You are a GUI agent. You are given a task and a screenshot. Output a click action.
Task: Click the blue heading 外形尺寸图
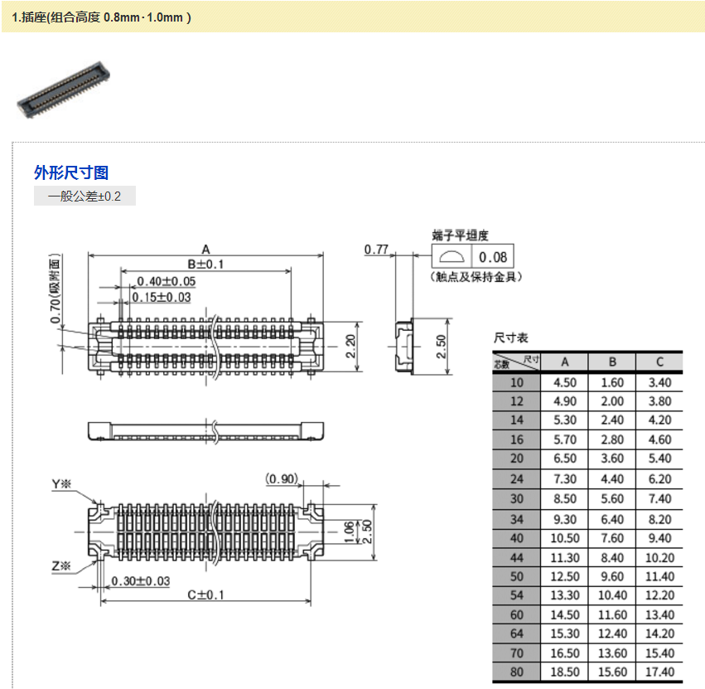pyautogui.click(x=71, y=172)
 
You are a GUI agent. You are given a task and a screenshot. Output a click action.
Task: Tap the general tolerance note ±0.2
pyautogui.click(x=85, y=197)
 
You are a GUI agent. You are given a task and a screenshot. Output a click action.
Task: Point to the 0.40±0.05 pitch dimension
pyautogui.click(x=166, y=281)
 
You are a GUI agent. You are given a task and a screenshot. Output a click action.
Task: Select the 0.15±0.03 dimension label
pyautogui.click(x=163, y=297)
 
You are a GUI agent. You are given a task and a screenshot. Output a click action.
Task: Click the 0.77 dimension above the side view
pyautogui.click(x=377, y=250)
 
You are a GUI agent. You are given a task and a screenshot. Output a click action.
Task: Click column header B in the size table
pyautogui.click(x=612, y=361)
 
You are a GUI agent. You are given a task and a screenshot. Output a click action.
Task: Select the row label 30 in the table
pyautogui.click(x=517, y=498)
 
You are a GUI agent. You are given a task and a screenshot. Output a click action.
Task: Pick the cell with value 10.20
pyautogui.click(x=659, y=557)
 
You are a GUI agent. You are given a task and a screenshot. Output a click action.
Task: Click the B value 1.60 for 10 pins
pyautogui.click(x=612, y=382)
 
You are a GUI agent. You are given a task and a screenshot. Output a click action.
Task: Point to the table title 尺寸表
pyautogui.click(x=510, y=338)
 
